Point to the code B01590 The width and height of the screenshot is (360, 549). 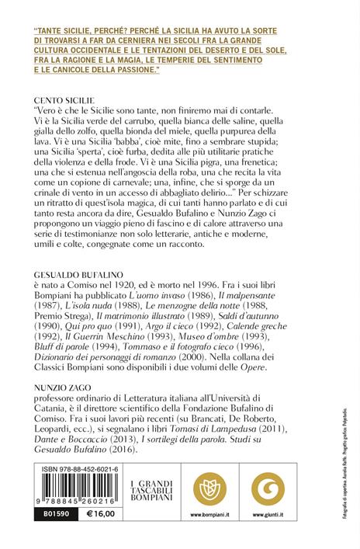[x=53, y=514]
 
